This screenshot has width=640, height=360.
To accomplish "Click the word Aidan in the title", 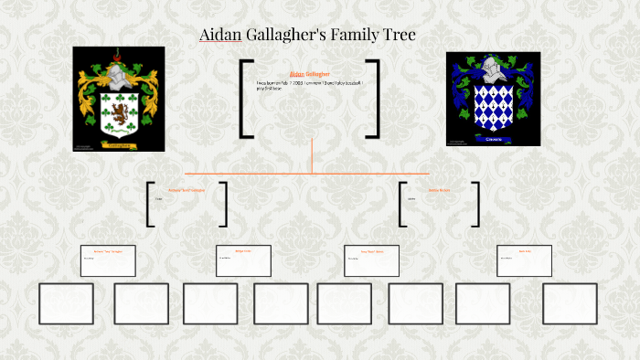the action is click(x=219, y=36).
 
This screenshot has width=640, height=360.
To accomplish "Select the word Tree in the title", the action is click(x=398, y=36).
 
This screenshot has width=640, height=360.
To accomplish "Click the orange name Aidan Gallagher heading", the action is click(x=309, y=73).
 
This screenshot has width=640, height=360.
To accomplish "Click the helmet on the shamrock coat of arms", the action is click(x=117, y=70).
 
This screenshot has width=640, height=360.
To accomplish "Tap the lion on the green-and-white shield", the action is click(x=117, y=113).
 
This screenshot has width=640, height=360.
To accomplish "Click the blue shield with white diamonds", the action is click(x=493, y=107).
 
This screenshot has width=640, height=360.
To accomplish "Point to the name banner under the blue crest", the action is click(x=493, y=139).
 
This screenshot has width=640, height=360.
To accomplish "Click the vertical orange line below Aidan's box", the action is click(x=312, y=155).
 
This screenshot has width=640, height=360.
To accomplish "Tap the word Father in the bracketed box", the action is click(x=158, y=198).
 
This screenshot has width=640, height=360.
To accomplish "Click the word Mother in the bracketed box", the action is click(x=411, y=198).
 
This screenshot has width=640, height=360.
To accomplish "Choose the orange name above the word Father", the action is click(x=187, y=190).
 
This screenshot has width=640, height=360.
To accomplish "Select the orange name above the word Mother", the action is click(x=440, y=190).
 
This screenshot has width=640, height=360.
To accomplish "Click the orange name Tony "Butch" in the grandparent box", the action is click(x=108, y=249).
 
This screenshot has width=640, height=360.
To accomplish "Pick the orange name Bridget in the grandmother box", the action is click(x=242, y=249).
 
